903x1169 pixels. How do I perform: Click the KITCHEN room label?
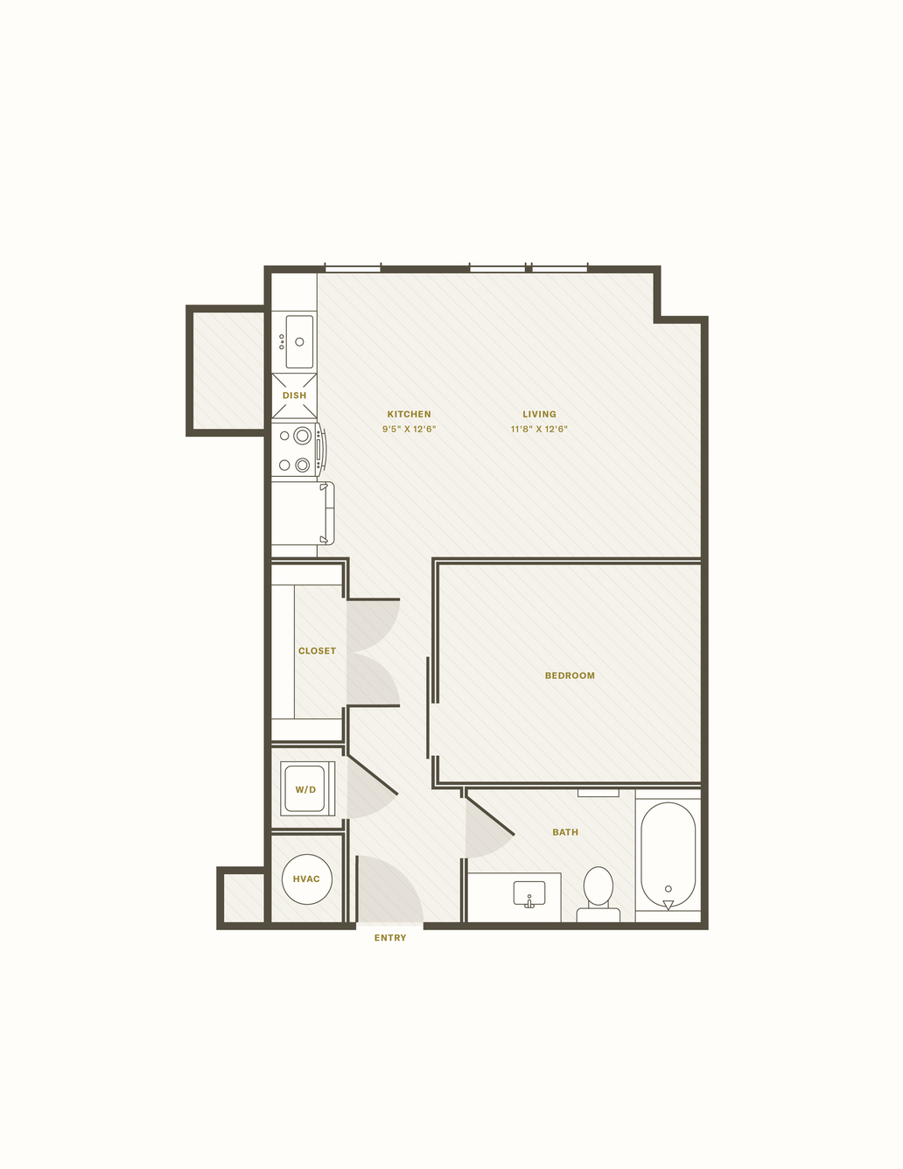point(409,414)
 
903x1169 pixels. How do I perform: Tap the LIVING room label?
point(539,414)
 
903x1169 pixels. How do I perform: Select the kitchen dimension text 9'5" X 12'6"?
point(409,430)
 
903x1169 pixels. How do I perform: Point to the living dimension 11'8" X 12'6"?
point(539,430)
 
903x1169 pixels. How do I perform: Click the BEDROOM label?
point(570,675)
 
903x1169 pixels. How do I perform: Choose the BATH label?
point(565,832)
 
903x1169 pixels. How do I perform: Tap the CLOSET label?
point(317,651)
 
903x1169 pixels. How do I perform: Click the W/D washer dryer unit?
point(307,788)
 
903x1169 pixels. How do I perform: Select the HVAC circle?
point(306,879)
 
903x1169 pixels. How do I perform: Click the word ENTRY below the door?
point(390,938)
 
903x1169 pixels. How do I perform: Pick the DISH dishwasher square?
point(294,395)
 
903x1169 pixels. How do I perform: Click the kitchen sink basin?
point(299,341)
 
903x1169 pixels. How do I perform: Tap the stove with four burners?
point(297,450)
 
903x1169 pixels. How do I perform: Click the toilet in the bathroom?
point(598,893)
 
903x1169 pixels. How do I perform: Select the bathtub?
point(668,856)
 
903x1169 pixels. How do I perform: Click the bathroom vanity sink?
point(529,894)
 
